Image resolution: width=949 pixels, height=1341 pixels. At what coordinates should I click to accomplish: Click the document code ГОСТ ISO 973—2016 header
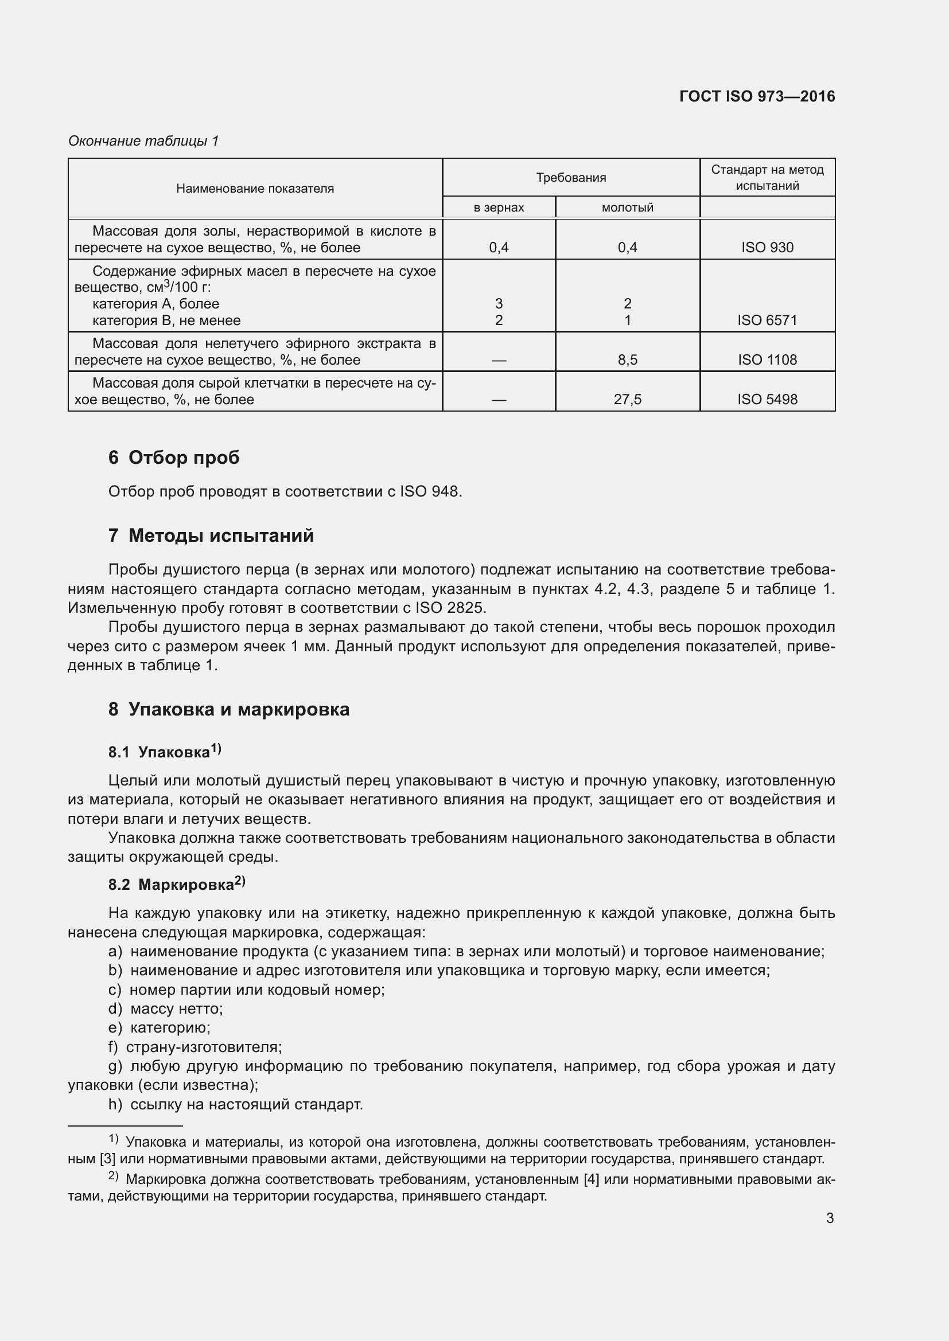click(x=757, y=96)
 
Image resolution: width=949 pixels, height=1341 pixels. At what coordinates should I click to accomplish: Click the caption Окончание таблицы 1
click(x=143, y=141)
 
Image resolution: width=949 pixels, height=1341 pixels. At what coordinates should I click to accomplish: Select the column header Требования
click(x=571, y=178)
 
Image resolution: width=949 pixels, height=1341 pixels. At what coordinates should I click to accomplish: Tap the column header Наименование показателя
click(x=255, y=189)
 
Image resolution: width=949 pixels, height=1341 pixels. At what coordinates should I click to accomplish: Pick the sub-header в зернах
click(x=499, y=208)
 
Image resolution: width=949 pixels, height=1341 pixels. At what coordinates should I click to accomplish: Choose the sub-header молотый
click(x=627, y=208)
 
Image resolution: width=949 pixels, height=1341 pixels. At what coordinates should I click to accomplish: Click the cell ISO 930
click(x=767, y=248)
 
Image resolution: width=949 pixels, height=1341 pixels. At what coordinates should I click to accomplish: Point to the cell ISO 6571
click(x=767, y=320)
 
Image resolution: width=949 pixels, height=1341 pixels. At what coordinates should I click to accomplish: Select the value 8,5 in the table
click(x=627, y=360)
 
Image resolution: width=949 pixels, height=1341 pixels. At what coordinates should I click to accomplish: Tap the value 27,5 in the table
click(x=627, y=400)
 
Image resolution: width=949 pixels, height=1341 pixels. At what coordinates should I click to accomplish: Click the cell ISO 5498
click(x=767, y=400)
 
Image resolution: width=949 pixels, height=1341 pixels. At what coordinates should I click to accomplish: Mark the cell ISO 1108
click(x=767, y=360)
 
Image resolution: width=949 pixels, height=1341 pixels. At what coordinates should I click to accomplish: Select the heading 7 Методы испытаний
click(x=211, y=535)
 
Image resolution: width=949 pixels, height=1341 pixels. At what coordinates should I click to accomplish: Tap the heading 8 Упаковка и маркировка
click(x=228, y=709)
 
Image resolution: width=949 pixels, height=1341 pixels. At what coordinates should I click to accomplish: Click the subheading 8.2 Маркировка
click(x=177, y=884)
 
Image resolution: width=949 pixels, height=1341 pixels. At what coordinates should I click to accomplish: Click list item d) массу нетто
click(x=165, y=1008)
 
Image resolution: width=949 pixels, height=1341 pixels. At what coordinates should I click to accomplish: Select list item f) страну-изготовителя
click(x=195, y=1047)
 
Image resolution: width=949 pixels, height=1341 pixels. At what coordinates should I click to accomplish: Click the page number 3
click(x=830, y=1218)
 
